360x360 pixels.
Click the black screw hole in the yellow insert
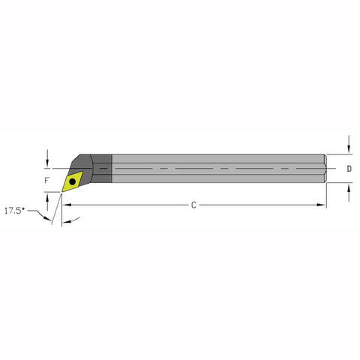(x=73, y=181)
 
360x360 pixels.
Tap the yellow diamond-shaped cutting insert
(x=72, y=181)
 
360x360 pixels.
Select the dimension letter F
(x=46, y=180)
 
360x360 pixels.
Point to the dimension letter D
(x=349, y=169)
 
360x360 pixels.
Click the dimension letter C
(x=193, y=205)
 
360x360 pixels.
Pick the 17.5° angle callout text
(x=15, y=211)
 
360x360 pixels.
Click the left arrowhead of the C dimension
(x=67, y=205)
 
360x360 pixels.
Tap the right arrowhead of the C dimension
(x=321, y=205)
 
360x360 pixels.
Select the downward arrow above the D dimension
(x=349, y=145)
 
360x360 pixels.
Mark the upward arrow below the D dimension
(x=349, y=193)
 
